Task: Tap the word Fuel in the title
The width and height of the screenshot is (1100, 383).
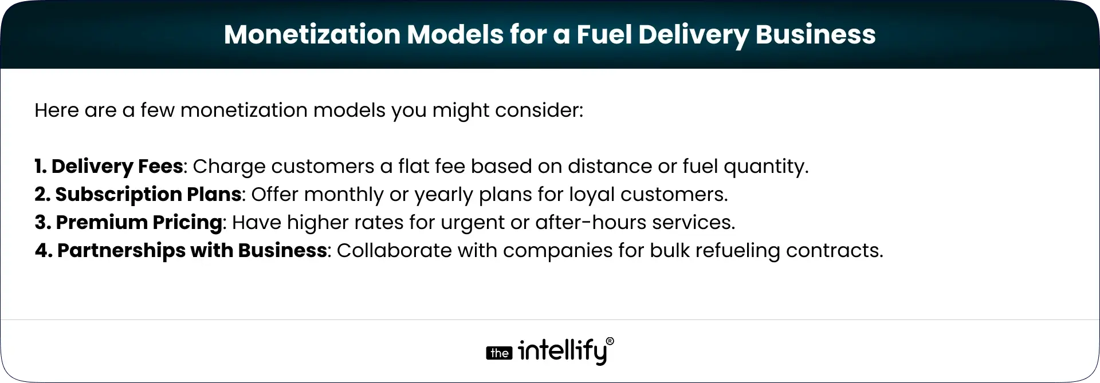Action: [603, 34]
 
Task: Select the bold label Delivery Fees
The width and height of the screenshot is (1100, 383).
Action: [116, 167]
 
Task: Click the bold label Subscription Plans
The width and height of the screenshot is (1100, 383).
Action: [148, 195]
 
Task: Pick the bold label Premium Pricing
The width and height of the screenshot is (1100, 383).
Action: [139, 222]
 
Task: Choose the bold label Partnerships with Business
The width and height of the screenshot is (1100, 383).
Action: [192, 250]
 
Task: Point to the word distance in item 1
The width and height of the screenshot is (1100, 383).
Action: [608, 167]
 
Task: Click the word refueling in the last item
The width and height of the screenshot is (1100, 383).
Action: [736, 251]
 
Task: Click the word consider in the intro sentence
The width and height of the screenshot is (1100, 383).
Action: [538, 110]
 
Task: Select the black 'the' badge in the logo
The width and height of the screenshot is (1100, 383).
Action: [499, 353]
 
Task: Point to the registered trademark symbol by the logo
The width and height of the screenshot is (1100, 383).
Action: [610, 341]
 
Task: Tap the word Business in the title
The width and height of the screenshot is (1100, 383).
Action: [815, 34]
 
